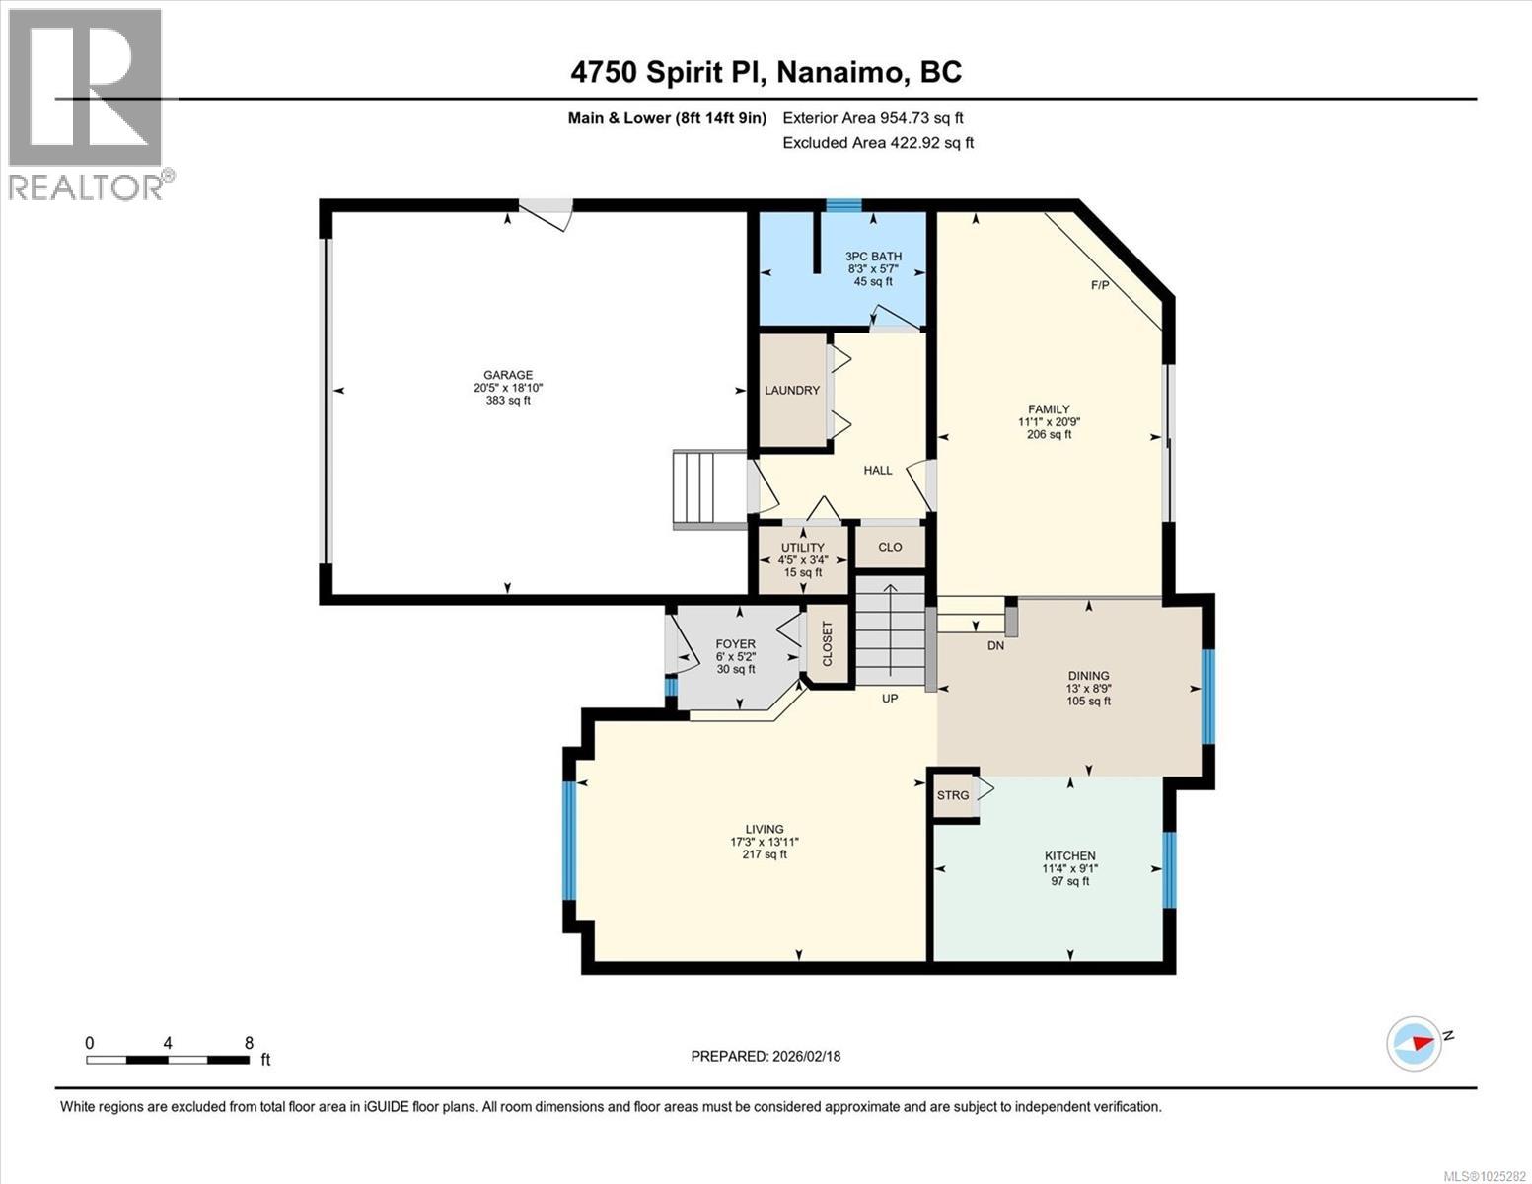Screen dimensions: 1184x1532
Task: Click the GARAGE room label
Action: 507,375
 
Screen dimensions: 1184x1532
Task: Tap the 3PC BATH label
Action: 873,257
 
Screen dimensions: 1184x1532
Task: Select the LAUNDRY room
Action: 792,391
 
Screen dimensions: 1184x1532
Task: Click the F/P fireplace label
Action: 1099,286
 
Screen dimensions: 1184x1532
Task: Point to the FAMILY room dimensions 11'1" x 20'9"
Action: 1049,422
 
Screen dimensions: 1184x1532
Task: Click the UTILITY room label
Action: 802,548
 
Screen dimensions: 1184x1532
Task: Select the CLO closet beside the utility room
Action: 890,547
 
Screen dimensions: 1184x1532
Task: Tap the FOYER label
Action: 735,644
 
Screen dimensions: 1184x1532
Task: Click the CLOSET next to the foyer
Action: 827,644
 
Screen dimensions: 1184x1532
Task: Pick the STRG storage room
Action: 953,795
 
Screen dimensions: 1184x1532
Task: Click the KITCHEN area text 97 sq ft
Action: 1070,881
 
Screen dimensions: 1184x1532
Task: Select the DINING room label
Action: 1088,676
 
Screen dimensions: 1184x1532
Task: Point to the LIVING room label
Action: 765,830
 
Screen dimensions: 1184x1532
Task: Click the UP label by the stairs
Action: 890,699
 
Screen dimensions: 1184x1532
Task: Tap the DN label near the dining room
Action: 995,646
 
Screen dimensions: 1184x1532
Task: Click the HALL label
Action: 878,471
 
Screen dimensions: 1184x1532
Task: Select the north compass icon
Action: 1415,1042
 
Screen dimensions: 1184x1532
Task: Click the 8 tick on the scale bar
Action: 249,1043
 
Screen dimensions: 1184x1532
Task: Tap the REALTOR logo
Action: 87,104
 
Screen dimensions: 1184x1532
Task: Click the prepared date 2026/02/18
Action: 804,1056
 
